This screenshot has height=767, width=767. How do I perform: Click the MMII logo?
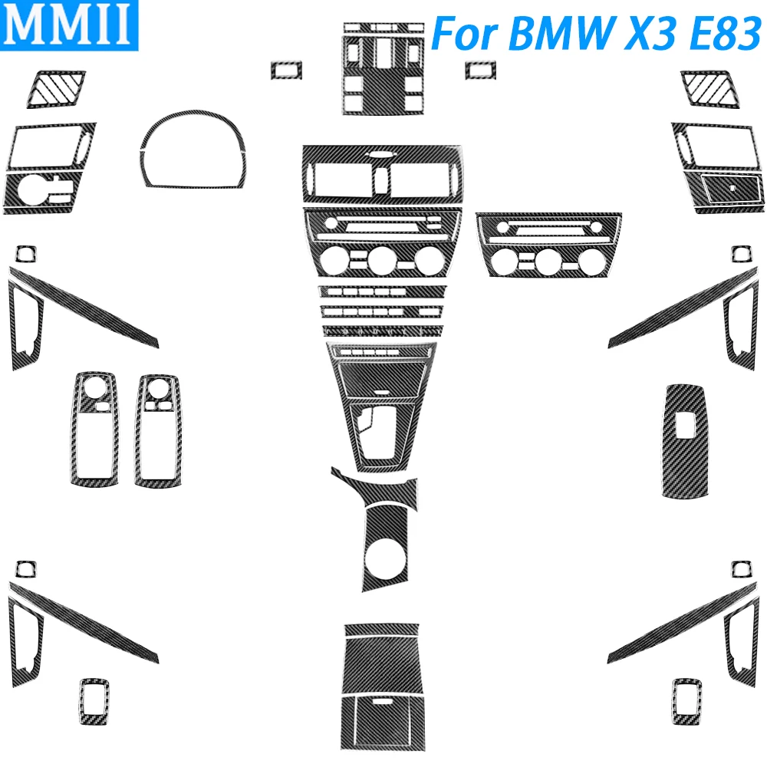(x=69, y=25)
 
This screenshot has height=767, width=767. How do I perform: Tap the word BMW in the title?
(x=561, y=33)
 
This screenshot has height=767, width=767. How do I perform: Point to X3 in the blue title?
(x=651, y=33)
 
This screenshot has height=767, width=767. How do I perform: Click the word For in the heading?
(x=466, y=33)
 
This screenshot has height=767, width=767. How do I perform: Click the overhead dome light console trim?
(x=383, y=68)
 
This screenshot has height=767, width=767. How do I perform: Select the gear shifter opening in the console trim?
(x=380, y=431)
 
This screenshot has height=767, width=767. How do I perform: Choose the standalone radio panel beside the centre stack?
(x=548, y=245)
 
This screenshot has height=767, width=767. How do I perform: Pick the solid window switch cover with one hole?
(x=685, y=441)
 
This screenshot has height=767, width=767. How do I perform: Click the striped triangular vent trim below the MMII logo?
(x=56, y=88)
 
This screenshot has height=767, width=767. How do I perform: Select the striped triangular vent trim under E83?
(x=710, y=88)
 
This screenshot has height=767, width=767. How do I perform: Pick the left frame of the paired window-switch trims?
(x=94, y=429)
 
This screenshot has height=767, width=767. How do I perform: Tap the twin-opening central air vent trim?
(x=382, y=174)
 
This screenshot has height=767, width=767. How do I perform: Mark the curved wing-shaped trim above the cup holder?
(x=374, y=489)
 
